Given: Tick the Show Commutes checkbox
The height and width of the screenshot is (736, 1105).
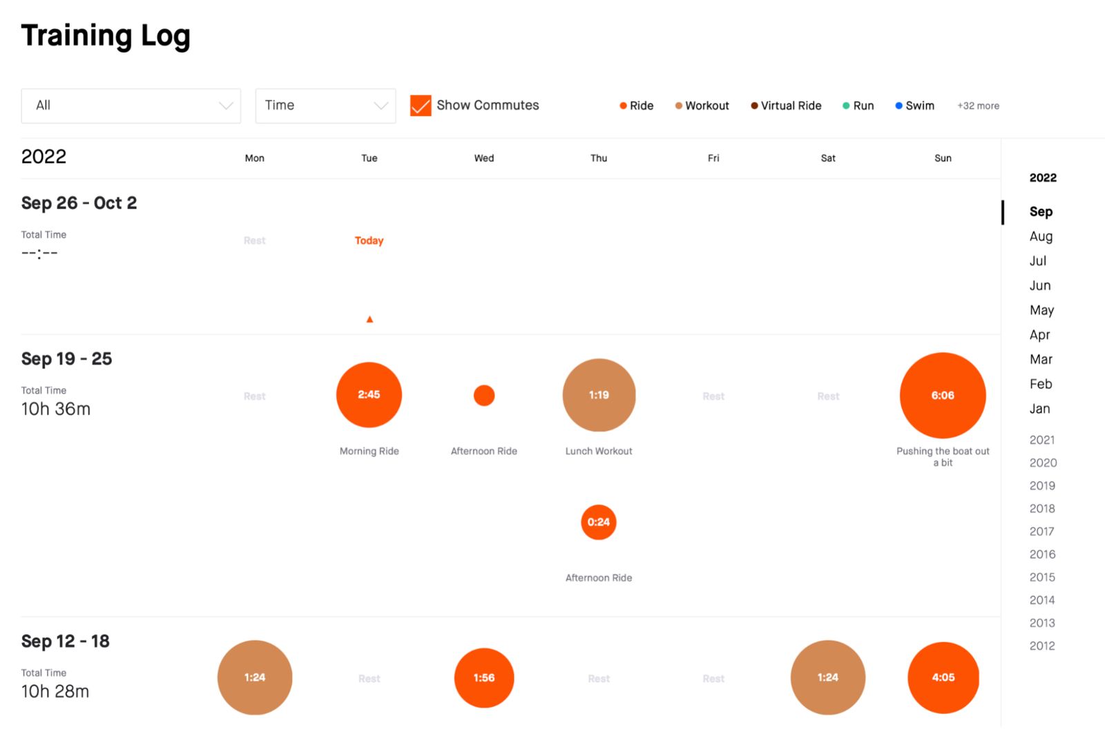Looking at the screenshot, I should click(420, 106).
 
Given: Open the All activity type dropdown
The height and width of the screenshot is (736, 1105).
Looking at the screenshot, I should click(131, 106).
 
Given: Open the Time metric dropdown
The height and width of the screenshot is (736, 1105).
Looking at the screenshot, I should click(325, 106).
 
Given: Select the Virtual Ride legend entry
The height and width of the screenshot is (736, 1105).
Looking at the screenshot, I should click(786, 106).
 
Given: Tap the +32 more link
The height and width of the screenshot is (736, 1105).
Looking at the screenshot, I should click(978, 106).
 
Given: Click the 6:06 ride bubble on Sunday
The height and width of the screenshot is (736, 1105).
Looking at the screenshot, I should click(942, 396).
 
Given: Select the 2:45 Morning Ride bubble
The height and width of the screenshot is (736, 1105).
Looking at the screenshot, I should click(369, 395).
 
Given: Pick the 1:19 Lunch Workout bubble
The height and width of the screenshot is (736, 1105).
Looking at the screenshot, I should click(599, 395).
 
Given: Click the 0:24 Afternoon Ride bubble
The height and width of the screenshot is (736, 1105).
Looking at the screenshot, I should click(599, 522).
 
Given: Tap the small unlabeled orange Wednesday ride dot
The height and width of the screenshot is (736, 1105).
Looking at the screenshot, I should click(484, 396).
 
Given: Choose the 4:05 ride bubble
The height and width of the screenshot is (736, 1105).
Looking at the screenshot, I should click(943, 677).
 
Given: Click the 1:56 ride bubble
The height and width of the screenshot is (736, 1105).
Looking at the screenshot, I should click(484, 678).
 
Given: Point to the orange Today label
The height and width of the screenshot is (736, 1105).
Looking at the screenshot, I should click(369, 240).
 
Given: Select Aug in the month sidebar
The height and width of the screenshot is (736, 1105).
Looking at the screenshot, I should click(1041, 236).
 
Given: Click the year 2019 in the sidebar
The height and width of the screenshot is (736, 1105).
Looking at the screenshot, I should click(1042, 485).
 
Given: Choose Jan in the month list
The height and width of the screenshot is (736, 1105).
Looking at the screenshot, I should click(1039, 409).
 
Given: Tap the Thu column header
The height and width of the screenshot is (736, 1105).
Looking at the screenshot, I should click(599, 158).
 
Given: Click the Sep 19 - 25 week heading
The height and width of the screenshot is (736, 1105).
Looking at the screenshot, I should click(66, 359).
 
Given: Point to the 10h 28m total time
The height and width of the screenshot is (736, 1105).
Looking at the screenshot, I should click(55, 691).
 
